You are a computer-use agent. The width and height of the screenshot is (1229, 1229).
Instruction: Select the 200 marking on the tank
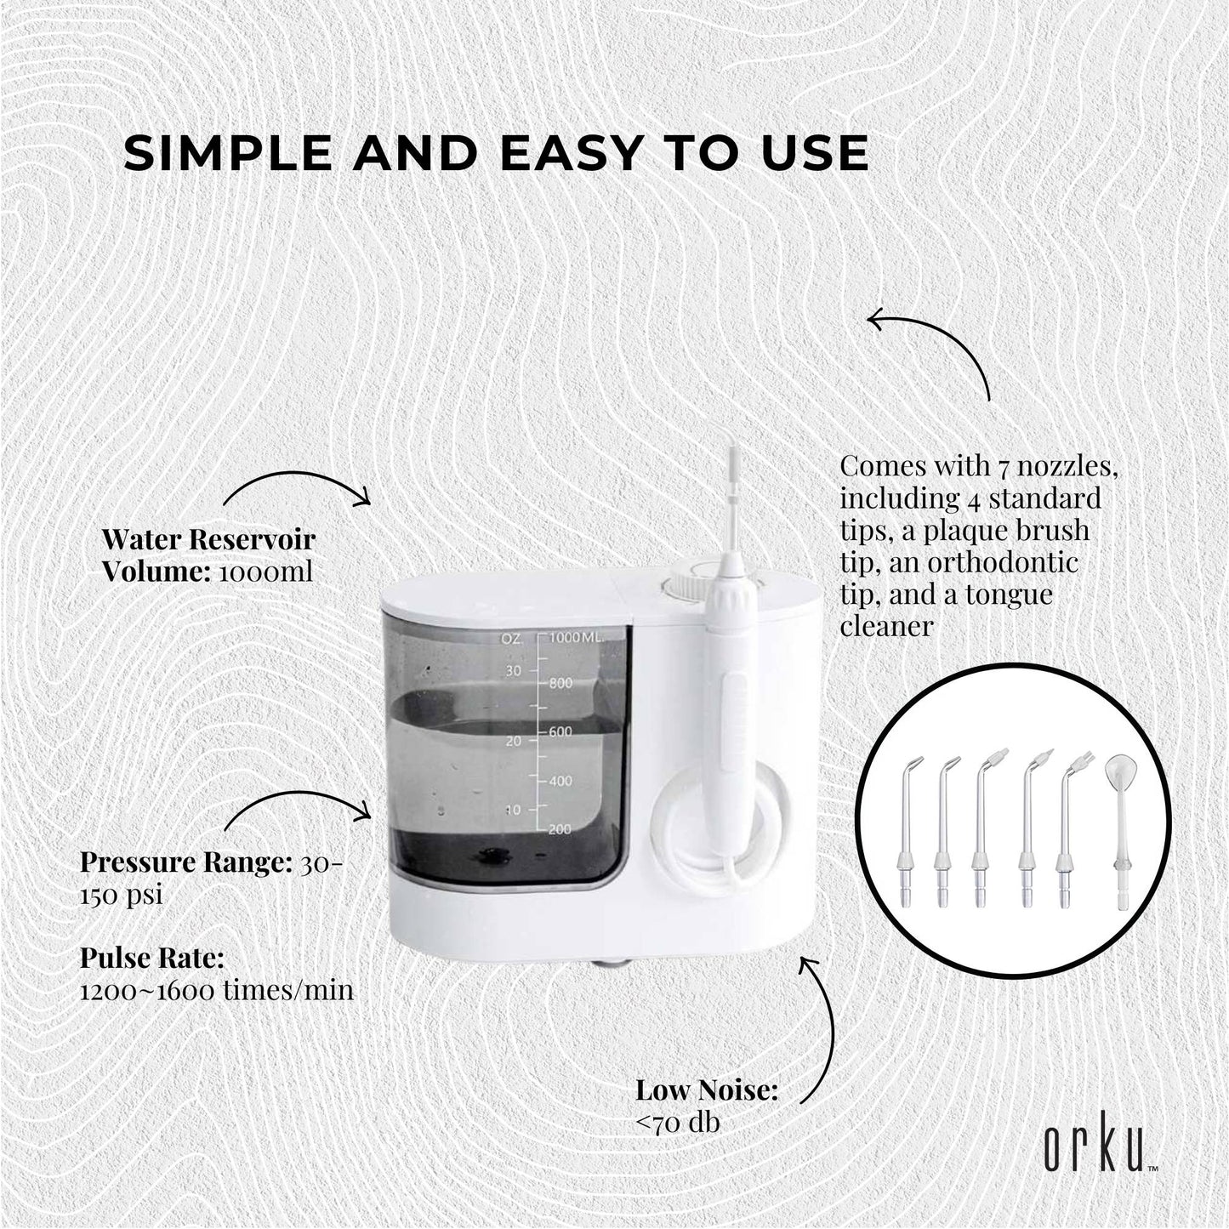pos(560,829)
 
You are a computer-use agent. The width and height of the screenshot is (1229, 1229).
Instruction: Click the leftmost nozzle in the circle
pos(908,829)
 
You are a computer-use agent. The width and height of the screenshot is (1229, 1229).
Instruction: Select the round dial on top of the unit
pos(682,584)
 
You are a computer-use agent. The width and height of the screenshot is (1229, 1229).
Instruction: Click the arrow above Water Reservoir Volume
pos(298,485)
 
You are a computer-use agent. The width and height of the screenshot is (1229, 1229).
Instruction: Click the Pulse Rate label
pos(152,959)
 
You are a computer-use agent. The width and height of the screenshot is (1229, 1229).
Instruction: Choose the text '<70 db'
pos(678,1123)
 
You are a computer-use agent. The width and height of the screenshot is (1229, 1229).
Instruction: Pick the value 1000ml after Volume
pos(265,572)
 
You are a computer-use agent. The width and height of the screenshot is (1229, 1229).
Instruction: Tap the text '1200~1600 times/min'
pos(217,991)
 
